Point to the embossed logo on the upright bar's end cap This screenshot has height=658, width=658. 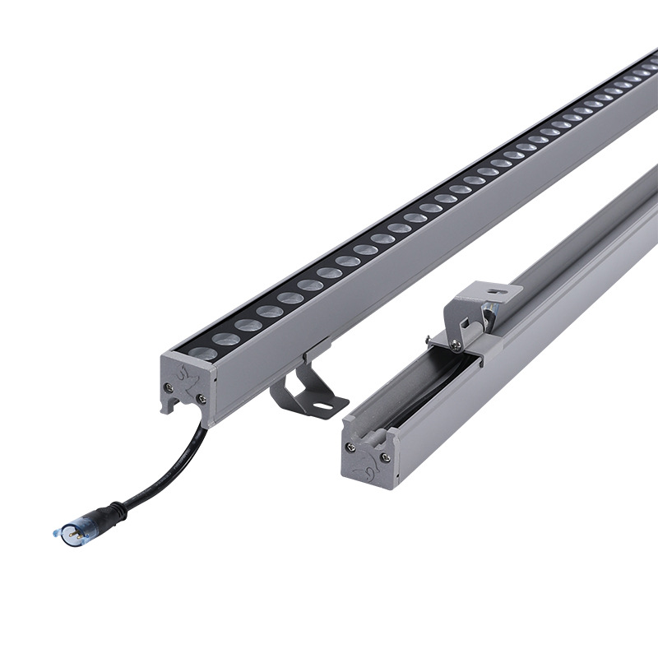(187, 380)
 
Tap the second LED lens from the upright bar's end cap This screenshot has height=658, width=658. (225, 339)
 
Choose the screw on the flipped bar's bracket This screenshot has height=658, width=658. (455, 346)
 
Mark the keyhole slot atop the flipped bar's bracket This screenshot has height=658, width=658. (493, 290)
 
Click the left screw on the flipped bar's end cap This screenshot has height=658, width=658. (352, 447)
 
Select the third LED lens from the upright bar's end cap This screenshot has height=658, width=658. (248, 325)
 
